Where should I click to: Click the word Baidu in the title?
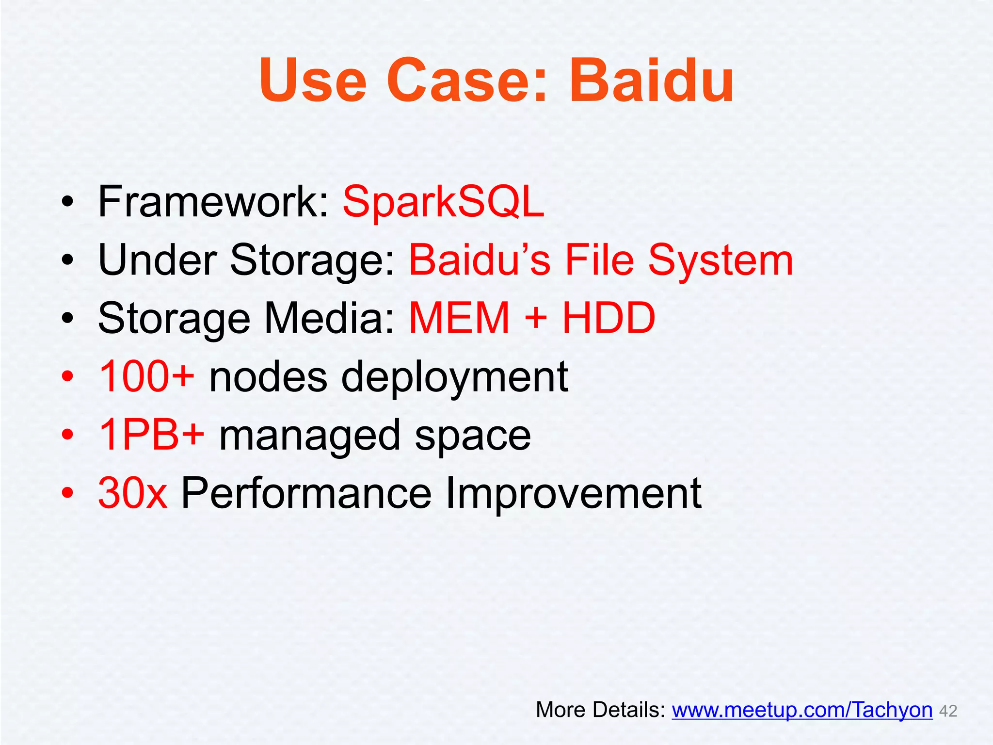(x=651, y=81)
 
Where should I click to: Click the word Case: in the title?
(x=467, y=81)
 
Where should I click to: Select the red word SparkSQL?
(x=444, y=202)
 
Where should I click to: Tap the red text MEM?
(x=459, y=319)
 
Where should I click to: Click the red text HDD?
(x=609, y=319)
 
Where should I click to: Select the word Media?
(x=330, y=319)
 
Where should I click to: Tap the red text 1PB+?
(x=151, y=435)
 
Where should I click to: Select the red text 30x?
(x=133, y=493)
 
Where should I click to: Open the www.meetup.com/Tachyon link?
(x=802, y=710)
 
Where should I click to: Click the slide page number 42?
(x=948, y=712)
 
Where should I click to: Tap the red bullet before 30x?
(x=67, y=493)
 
